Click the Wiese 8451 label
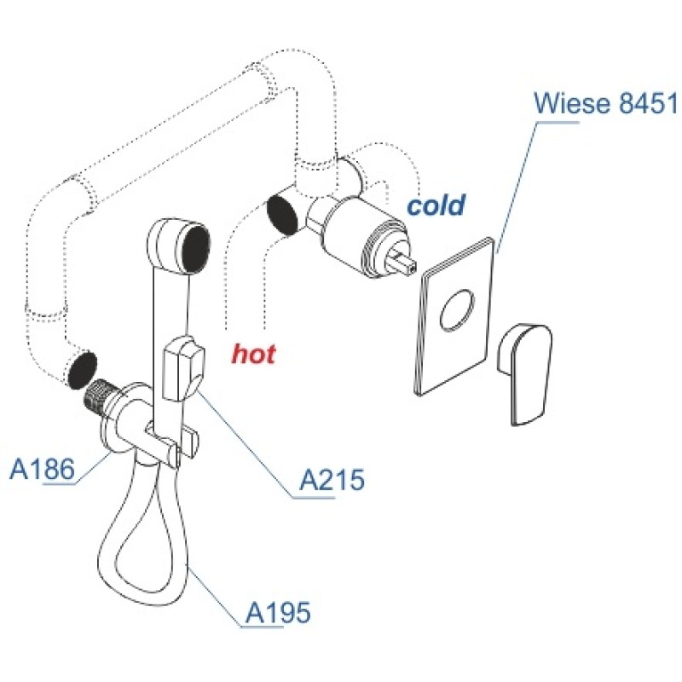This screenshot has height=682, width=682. click(605, 103)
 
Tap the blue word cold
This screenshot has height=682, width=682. click(436, 205)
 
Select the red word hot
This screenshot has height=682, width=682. click(253, 353)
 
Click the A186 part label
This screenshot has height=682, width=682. click(42, 470)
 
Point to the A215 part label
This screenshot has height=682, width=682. click(332, 480)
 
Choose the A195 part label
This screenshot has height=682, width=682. click(279, 613)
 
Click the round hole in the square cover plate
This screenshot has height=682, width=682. click(457, 309)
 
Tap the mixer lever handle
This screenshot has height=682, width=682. click(525, 373)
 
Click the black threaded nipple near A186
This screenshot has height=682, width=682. click(95, 394)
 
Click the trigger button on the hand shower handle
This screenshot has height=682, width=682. click(183, 369)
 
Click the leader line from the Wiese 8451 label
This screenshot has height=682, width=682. click(517, 188)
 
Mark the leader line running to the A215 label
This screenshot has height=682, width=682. click(244, 442)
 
